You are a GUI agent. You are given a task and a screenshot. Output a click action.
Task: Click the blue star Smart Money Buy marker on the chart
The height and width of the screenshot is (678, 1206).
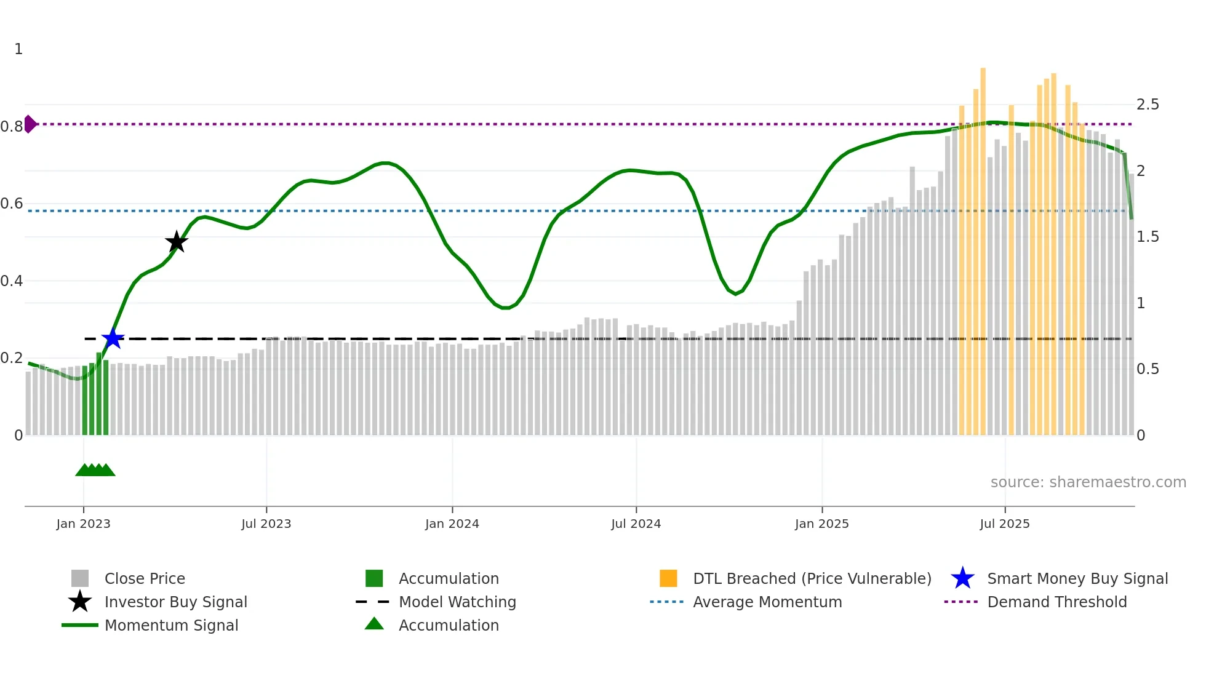(x=113, y=338)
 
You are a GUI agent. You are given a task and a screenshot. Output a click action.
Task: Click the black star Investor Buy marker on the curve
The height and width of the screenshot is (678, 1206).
(x=177, y=242)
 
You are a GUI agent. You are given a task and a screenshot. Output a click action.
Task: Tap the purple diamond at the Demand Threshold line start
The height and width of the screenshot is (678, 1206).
(x=30, y=124)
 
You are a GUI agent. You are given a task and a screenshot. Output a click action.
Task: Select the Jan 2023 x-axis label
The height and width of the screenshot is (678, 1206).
(x=83, y=524)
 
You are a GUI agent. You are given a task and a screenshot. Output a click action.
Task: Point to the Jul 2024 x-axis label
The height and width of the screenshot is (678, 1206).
(x=636, y=524)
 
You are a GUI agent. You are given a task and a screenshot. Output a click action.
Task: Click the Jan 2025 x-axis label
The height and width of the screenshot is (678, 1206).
(x=821, y=524)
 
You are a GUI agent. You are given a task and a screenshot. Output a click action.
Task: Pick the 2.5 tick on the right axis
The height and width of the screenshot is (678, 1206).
(x=1148, y=105)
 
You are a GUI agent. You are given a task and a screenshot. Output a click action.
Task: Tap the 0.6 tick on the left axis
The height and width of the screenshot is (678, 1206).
(x=12, y=204)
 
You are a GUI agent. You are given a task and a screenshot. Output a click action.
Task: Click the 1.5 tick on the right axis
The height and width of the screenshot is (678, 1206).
(x=1148, y=237)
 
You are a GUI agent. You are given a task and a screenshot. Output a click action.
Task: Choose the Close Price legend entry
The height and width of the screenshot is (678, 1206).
(x=145, y=578)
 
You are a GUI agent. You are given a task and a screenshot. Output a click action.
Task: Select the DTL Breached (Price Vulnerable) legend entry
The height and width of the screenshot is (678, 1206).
(x=812, y=578)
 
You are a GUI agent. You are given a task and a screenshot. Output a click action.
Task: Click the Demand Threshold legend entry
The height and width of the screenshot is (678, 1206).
(x=1056, y=602)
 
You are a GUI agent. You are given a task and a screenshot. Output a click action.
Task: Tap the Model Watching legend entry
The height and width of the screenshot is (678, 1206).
(x=457, y=602)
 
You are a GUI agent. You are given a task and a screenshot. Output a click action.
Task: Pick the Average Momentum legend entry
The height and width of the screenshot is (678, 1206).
(x=767, y=602)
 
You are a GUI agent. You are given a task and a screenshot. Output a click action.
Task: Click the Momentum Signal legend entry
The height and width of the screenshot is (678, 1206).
(x=171, y=625)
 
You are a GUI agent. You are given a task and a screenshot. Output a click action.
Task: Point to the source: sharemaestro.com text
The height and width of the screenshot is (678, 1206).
(x=1088, y=482)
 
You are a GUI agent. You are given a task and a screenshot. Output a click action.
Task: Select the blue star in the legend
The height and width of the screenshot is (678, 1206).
(x=962, y=578)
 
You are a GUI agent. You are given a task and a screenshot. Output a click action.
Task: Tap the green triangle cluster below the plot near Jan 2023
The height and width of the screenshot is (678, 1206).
(x=95, y=470)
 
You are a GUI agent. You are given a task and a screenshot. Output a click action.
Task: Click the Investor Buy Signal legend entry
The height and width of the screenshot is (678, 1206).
(x=175, y=602)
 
